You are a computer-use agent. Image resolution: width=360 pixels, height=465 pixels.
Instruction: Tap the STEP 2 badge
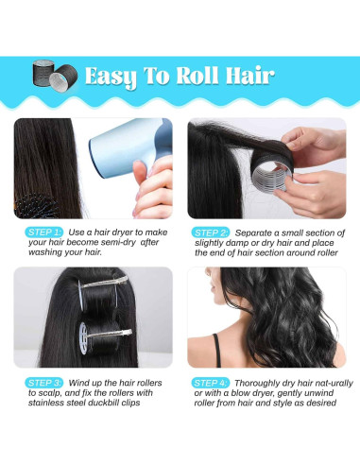[x=211, y=232]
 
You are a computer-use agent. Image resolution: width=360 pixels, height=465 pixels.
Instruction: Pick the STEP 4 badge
[x=211, y=382]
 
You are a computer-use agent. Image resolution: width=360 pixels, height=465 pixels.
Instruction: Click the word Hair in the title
[x=245, y=75]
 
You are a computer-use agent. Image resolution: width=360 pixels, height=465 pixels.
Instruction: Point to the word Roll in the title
[x=197, y=75]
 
